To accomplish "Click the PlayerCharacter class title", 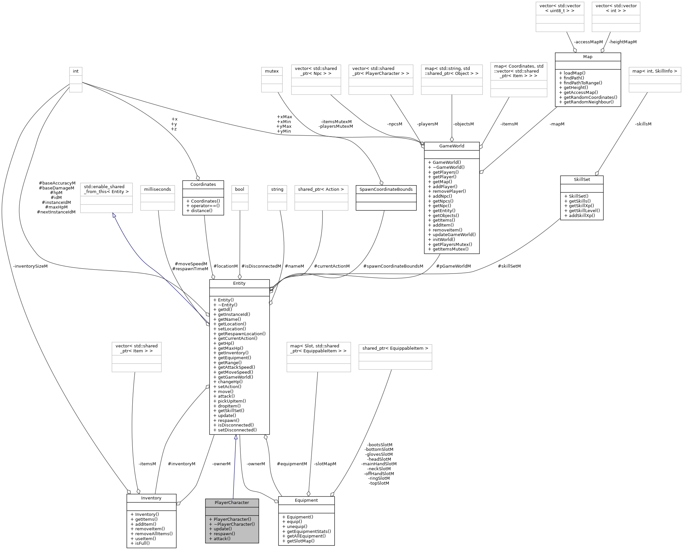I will [231, 502].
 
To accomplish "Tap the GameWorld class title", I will [452, 146].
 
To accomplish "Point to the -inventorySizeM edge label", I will [31, 266].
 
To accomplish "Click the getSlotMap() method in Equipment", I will [300, 541].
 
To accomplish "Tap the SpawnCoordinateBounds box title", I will [386, 189].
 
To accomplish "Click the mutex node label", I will [272, 71].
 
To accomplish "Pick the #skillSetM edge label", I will [509, 266].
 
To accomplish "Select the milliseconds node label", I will [157, 189].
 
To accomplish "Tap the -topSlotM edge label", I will [379, 483].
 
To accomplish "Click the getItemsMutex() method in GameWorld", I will [450, 249].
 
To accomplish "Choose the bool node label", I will [239, 189].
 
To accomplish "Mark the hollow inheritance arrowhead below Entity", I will [235, 437].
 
